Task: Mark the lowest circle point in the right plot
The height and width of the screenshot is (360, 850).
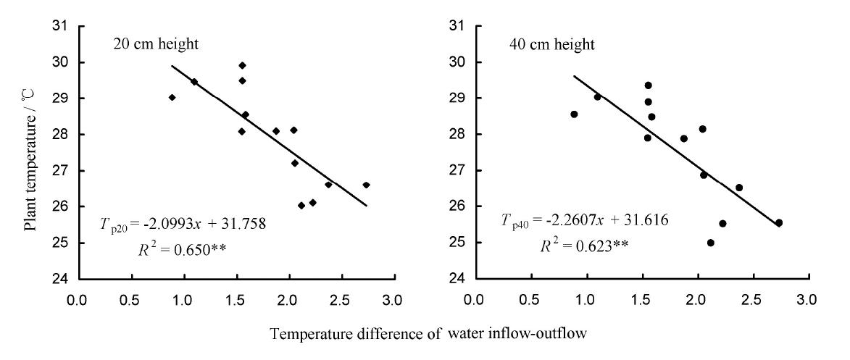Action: click(710, 243)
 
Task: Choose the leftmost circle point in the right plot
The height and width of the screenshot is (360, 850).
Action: click(574, 114)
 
